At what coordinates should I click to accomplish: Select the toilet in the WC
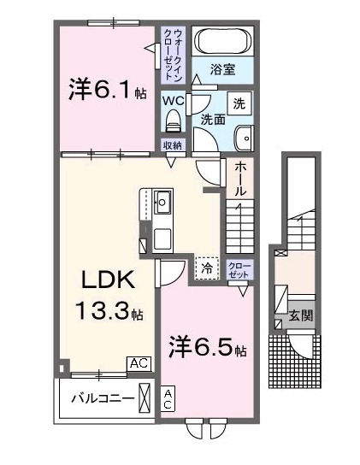click(x=174, y=118)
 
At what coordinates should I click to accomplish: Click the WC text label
click(x=174, y=98)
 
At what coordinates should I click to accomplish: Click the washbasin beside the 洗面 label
click(x=246, y=137)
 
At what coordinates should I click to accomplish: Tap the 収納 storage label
click(x=174, y=145)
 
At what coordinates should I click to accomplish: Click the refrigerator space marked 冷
click(x=207, y=268)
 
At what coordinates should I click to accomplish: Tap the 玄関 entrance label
click(x=300, y=315)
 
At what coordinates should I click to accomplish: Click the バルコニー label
click(x=102, y=398)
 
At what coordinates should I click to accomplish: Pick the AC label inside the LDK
click(x=139, y=364)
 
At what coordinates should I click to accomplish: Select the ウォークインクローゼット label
click(x=175, y=55)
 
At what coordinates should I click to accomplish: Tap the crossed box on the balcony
click(x=146, y=398)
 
